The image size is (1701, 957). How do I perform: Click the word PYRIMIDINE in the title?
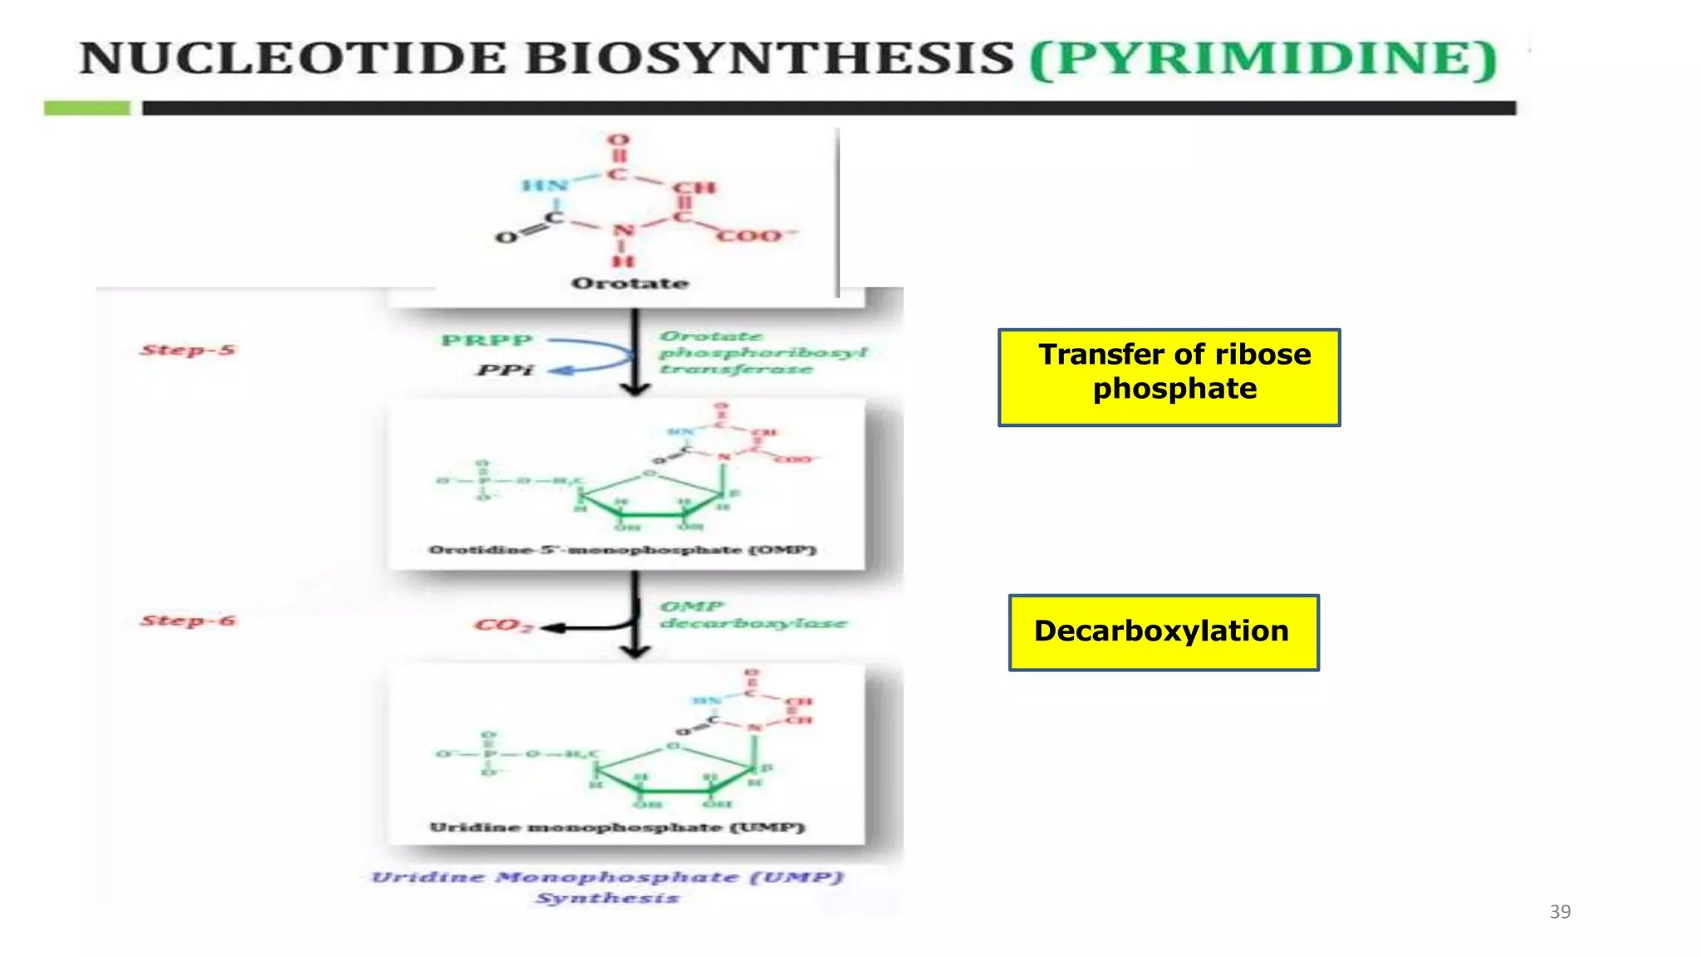pyautogui.click(x=1262, y=58)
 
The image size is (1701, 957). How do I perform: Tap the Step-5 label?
pyautogui.click(x=188, y=350)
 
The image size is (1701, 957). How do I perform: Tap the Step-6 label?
pyautogui.click(x=188, y=621)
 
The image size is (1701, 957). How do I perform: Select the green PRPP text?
pyautogui.click(x=487, y=341)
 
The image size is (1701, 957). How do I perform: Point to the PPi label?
pyautogui.click(x=504, y=370)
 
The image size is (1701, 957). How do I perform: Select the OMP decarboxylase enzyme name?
pyautogui.click(x=752, y=615)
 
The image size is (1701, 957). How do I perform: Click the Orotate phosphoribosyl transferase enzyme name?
pyautogui.click(x=762, y=352)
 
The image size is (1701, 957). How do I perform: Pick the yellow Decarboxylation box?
pyautogui.click(x=1163, y=632)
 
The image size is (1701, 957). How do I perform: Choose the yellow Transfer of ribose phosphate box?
pyautogui.click(x=1169, y=377)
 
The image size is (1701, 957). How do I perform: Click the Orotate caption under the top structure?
pyautogui.click(x=630, y=283)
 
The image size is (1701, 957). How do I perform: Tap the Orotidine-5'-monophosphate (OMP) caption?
pyautogui.click(x=623, y=550)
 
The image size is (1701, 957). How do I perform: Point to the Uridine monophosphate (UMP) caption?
pyautogui.click(x=617, y=827)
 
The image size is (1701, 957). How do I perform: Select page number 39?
pyautogui.click(x=1560, y=911)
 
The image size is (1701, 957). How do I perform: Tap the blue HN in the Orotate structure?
pyautogui.click(x=545, y=185)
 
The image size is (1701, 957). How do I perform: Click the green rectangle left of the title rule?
pyautogui.click(x=86, y=108)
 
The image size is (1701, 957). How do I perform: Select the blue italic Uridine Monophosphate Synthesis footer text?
pyautogui.click(x=607, y=886)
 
